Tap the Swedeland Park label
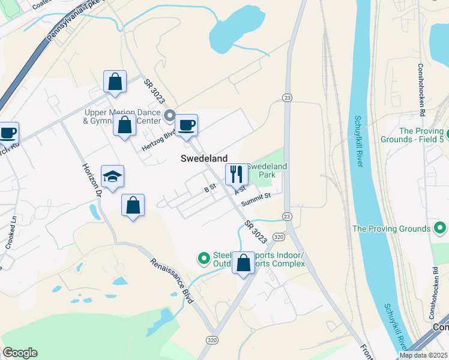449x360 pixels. click(x=267, y=170)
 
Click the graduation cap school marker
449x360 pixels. click(x=112, y=176)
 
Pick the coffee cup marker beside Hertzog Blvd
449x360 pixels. click(x=187, y=125)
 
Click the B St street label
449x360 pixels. click(x=209, y=188)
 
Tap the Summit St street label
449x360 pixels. click(x=256, y=199)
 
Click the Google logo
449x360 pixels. click(x=20, y=353)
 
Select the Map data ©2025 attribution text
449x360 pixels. click(x=423, y=355)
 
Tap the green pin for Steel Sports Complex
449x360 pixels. click(x=204, y=259)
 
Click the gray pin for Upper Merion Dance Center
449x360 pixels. click(x=170, y=114)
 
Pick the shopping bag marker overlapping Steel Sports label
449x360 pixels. click(x=244, y=263)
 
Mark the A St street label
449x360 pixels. click(x=241, y=190)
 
